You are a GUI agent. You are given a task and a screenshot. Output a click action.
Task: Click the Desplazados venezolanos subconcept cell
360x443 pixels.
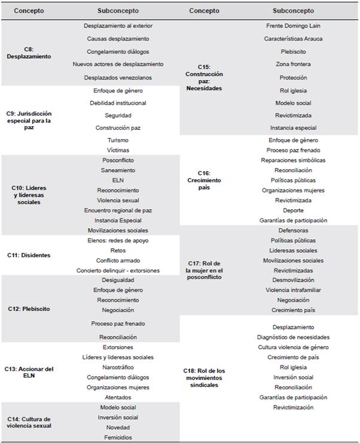coord(118,78)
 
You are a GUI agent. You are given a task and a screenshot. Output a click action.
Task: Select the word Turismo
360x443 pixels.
coord(118,140)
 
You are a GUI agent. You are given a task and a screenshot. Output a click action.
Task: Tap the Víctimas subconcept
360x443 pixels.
coord(118,150)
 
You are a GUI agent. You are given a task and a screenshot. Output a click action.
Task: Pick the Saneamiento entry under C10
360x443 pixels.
coord(118,170)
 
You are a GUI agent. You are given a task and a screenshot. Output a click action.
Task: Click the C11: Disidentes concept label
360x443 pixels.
coord(32,255)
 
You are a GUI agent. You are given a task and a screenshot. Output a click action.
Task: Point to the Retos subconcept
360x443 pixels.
coord(118,250)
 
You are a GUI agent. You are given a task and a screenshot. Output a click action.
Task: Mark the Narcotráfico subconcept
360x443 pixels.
coord(118,367)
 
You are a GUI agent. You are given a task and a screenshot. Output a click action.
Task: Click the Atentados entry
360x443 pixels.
coord(118,396)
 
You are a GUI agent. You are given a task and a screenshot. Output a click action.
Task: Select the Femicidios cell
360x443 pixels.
coord(118,437)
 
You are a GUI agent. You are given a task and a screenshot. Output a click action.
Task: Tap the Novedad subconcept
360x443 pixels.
coord(118,427)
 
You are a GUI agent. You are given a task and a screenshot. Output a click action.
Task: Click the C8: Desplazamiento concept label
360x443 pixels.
coord(32,53)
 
